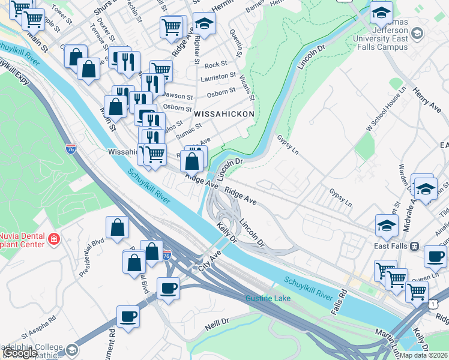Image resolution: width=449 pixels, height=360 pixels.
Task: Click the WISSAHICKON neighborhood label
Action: pos(224,113)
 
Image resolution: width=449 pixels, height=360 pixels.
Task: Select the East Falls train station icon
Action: pos(414,246)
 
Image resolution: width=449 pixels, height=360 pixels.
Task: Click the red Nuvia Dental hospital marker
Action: pos(54,238)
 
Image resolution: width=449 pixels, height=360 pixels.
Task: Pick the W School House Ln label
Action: pos(387,114)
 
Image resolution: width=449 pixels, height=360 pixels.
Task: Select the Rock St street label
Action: pos(215,64)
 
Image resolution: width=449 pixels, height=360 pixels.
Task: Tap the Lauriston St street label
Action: pos(218,77)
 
